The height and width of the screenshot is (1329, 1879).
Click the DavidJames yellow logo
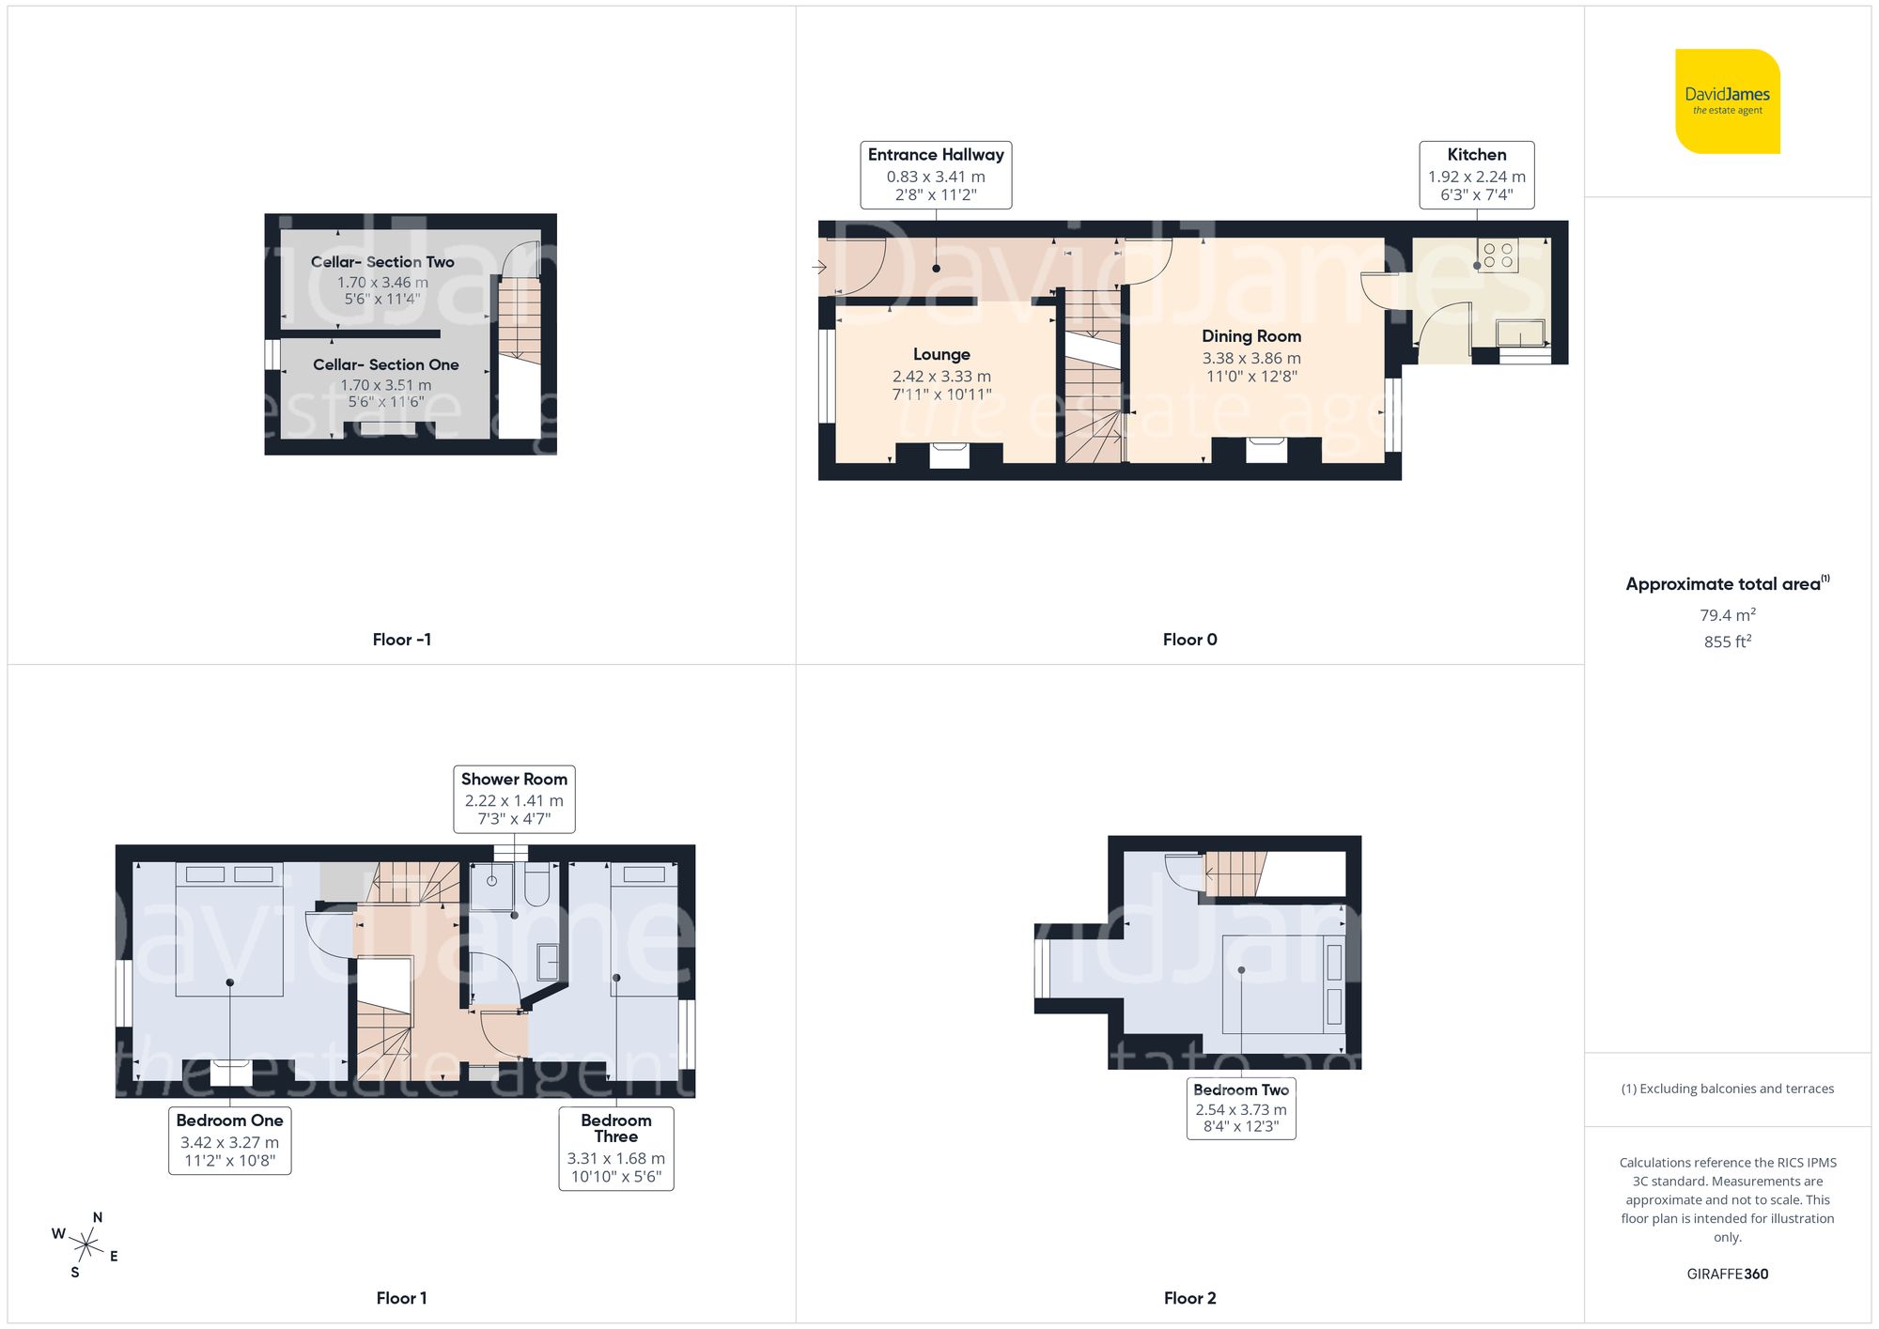1727,101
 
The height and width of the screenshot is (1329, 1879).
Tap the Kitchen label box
1476,175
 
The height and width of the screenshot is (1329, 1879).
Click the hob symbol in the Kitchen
1498,255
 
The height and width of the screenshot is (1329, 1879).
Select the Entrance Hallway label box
936,175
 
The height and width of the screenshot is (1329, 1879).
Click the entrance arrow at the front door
818,268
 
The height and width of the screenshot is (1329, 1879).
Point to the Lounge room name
941,354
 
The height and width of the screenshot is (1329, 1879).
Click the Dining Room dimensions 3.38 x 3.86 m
1251,358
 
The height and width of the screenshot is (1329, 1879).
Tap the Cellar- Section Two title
382,262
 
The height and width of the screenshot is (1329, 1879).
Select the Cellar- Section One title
385,364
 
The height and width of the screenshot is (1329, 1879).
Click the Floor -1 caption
401,640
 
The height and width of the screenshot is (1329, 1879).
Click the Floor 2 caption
1189,1298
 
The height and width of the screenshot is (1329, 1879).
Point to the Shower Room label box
514,798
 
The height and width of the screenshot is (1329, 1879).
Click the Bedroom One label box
229,1140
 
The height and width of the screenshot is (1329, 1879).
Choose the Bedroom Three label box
615,1149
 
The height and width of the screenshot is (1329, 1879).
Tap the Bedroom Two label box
1240,1108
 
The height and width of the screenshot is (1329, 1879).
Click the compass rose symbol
85,1246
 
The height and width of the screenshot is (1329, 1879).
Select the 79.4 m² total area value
1727,615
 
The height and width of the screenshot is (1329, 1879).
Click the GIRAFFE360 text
1727,1275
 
